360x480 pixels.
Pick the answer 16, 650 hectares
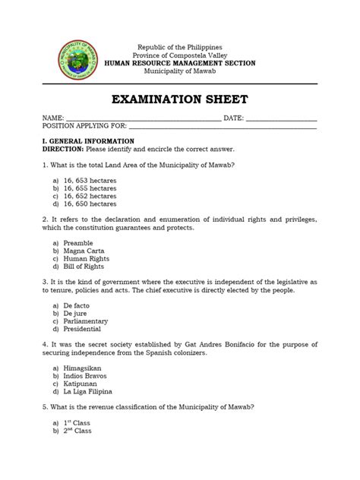click(90, 204)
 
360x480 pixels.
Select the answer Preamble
click(78, 243)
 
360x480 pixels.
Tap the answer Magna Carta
click(84, 251)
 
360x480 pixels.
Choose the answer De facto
click(77, 306)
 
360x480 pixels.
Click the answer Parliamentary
click(86, 321)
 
